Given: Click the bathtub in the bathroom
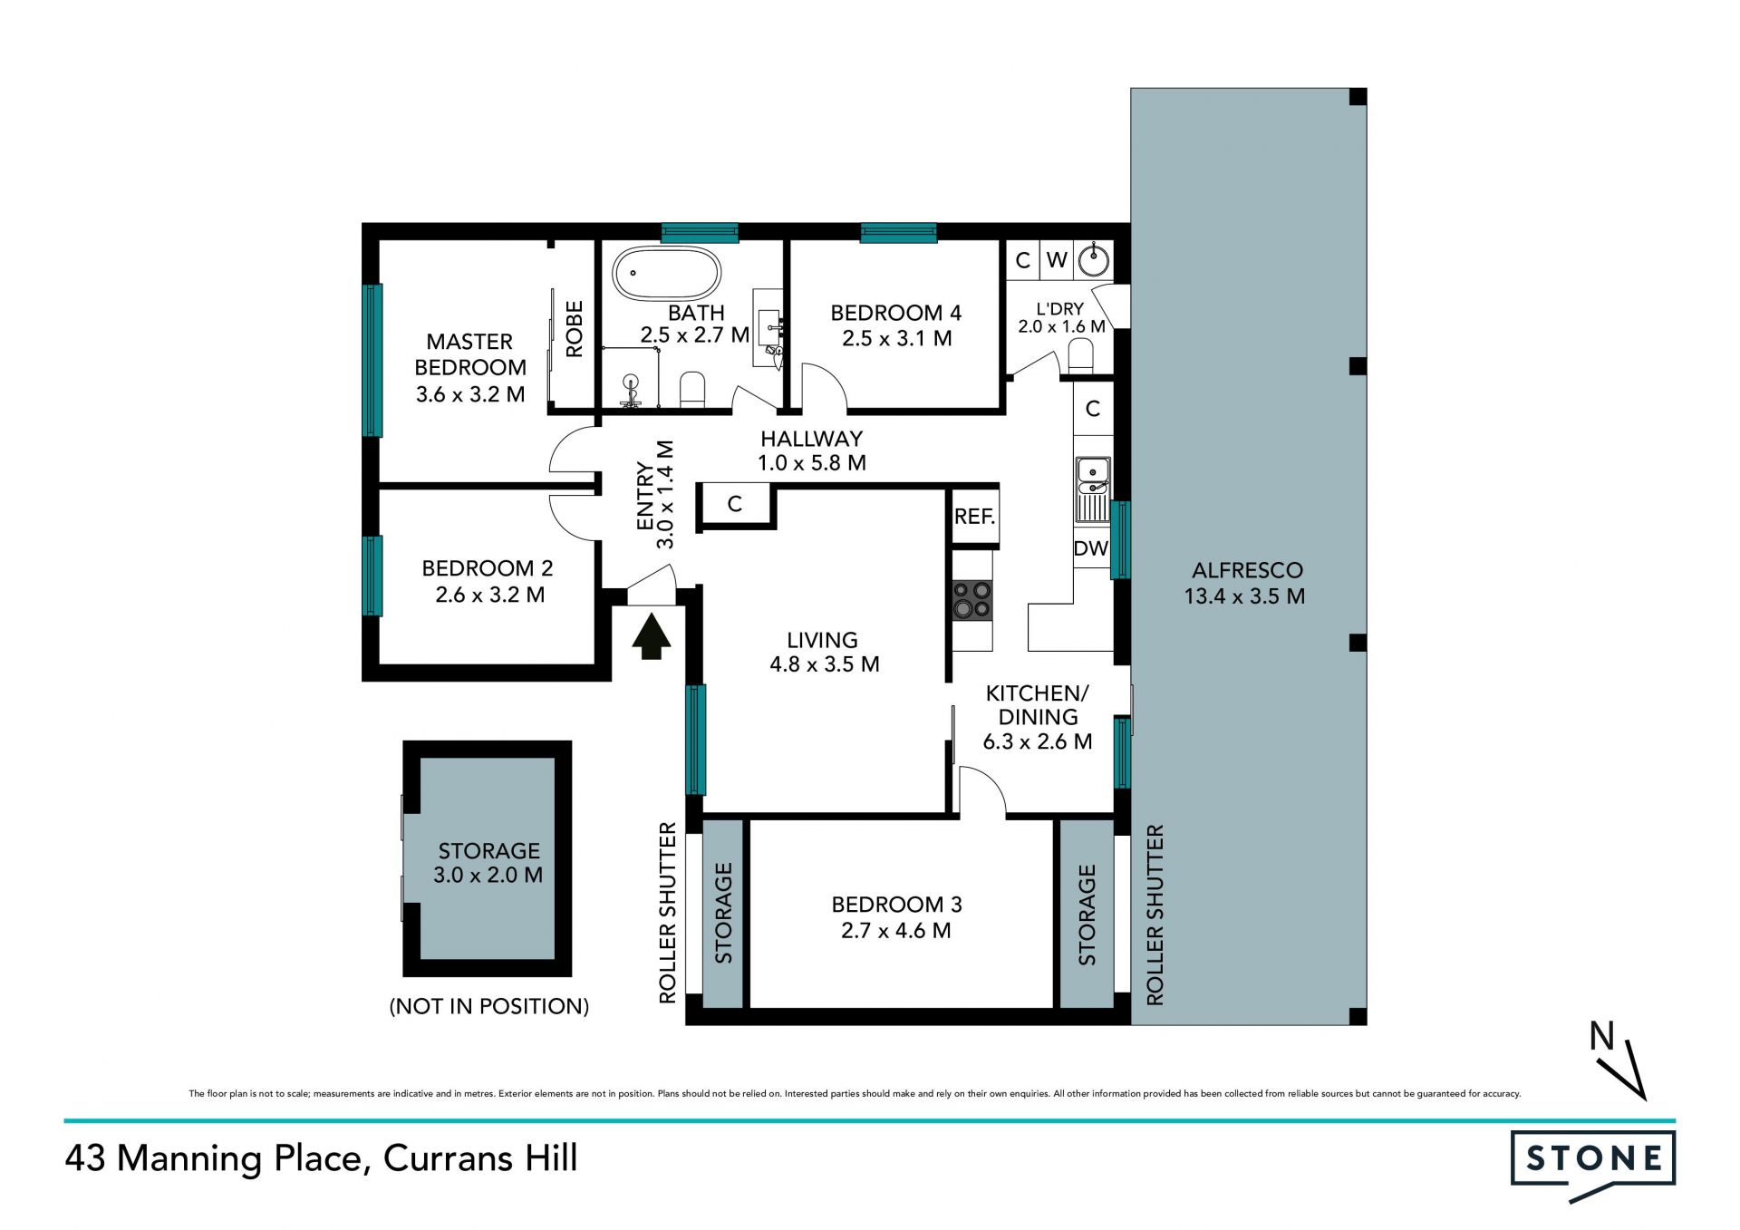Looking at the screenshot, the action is coord(666,273).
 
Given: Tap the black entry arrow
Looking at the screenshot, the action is coord(651,636).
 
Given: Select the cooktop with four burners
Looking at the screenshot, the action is coord(971,600).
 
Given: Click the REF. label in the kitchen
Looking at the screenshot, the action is coord(974,517).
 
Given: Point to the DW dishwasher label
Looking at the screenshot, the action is coord(1091,548).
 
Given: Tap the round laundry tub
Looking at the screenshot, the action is coord(1094,260).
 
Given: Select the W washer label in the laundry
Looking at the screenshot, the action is coord(1057,260).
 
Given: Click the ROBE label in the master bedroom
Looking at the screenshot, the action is coord(575,329).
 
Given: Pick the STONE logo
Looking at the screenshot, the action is coord(1593,1165).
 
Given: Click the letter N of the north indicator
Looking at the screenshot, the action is coord(1602,1035).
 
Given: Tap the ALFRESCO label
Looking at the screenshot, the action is coord(1247,570).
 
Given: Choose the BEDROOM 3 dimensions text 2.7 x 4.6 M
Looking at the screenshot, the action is coord(896,930).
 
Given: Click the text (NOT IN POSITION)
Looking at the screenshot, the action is coord(489,1006).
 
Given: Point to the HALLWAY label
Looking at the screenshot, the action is coord(811,439).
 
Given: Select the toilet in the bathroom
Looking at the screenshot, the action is coord(692,390).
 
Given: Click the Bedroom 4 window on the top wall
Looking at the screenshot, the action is coord(898,233).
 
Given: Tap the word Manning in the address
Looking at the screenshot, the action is coord(188,1159).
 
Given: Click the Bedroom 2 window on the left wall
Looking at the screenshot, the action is coord(372,576).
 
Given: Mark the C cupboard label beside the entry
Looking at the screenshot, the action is coord(735,504).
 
